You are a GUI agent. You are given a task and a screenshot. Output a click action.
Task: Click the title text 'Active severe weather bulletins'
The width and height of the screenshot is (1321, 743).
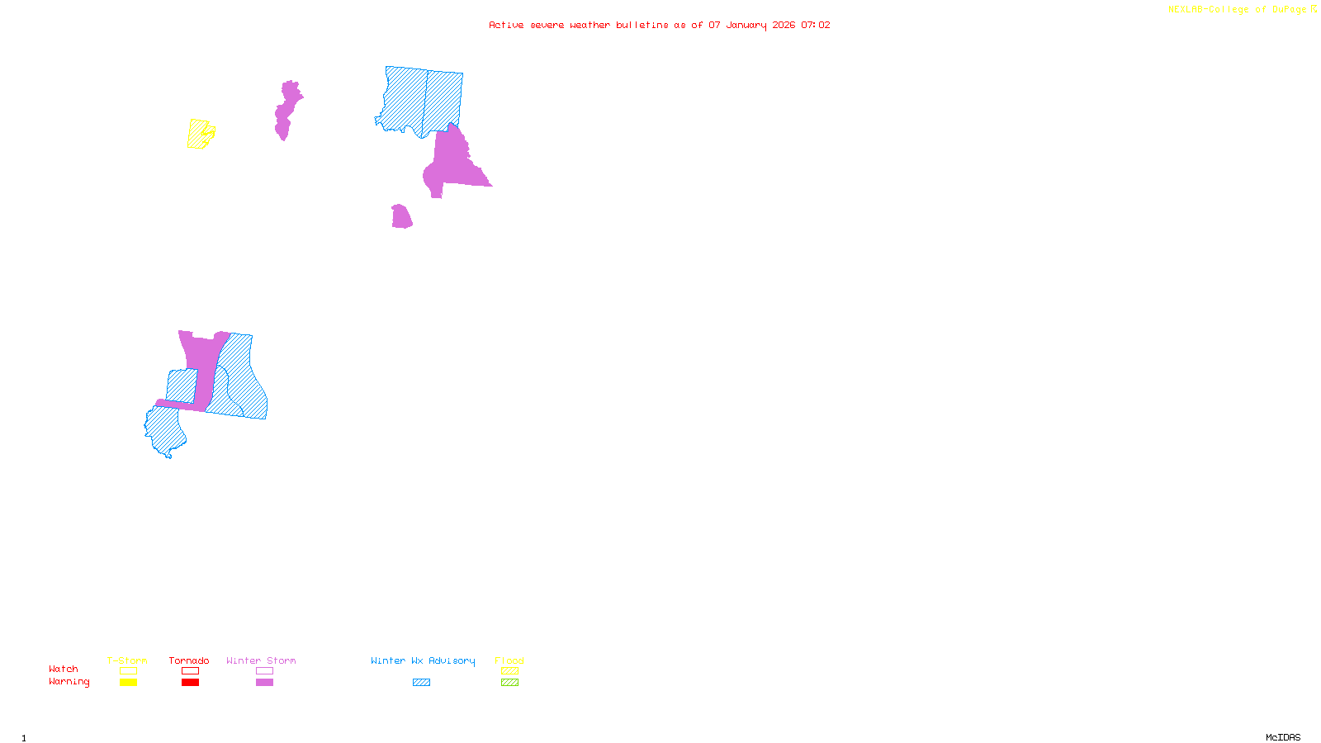pos(578,25)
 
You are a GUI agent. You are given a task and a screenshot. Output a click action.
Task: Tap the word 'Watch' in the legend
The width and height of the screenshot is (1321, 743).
pos(64,670)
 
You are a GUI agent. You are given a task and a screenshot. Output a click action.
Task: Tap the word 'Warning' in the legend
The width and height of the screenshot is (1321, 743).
pos(69,682)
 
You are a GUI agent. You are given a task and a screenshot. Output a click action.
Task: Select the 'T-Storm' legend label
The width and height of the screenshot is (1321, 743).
pos(127,660)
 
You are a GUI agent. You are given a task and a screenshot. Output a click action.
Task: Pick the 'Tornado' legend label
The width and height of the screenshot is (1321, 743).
pos(189,660)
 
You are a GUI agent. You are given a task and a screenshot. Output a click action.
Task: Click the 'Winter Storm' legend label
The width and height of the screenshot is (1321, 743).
pos(261,660)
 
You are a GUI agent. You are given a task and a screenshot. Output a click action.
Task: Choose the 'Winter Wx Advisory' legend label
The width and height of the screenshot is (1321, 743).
pos(423,660)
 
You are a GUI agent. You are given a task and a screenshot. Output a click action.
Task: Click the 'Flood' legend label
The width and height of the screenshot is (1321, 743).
pos(509,660)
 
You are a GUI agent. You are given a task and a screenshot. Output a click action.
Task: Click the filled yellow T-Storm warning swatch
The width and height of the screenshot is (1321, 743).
pos(128,683)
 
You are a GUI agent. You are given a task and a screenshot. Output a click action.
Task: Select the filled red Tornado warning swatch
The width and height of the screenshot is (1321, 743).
pos(190,683)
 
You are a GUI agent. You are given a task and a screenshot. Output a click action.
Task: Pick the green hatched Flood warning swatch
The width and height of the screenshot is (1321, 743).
pos(510,683)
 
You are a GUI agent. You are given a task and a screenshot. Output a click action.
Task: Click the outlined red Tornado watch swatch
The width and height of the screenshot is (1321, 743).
pos(190,671)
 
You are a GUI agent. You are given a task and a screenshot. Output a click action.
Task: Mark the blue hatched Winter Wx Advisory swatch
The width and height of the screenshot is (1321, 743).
pos(421,683)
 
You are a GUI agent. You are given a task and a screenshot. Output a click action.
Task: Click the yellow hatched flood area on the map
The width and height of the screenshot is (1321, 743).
pos(199,134)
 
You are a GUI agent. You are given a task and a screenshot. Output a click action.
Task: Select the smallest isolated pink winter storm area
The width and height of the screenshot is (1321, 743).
pos(401,217)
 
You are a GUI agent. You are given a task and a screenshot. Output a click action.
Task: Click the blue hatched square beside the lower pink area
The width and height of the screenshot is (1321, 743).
pos(182,386)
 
